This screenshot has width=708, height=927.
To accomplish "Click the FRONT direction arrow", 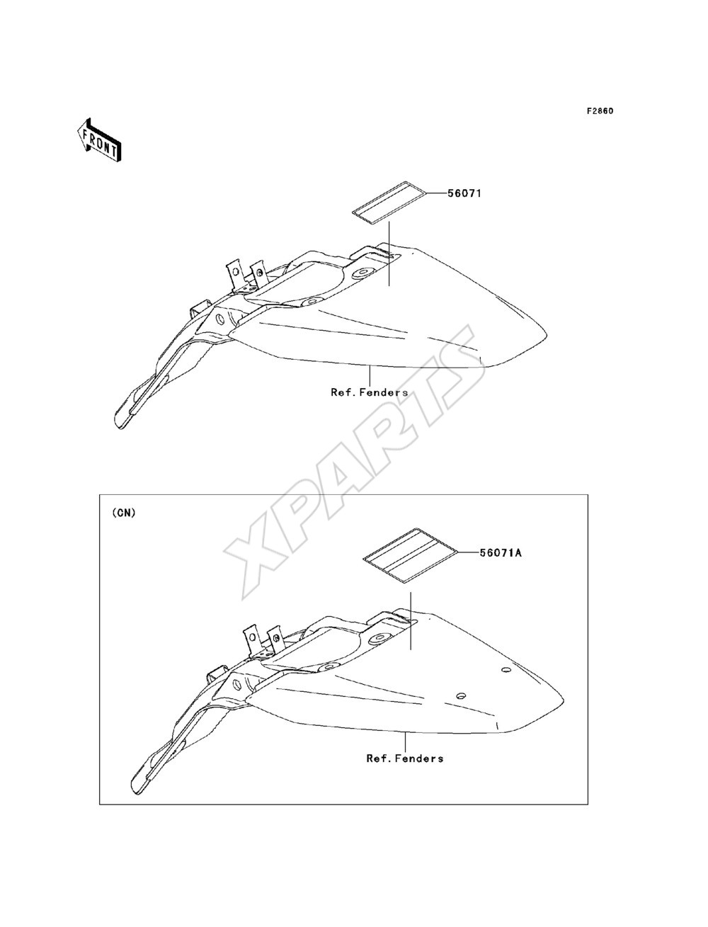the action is click(x=100, y=140).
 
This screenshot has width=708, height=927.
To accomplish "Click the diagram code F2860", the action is click(x=600, y=111).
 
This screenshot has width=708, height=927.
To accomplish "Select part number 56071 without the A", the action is click(x=464, y=193).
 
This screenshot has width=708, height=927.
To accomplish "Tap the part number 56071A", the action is click(x=501, y=552).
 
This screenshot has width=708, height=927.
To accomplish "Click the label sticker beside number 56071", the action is click(x=389, y=202).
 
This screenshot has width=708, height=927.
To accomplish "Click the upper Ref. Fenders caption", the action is click(x=370, y=392).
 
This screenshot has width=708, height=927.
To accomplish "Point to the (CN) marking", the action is click(x=124, y=513).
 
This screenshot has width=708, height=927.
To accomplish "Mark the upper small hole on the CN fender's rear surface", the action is click(x=506, y=670).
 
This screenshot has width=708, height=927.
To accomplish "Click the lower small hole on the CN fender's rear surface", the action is click(x=461, y=695).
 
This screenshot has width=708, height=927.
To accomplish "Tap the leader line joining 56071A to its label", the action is click(x=469, y=552).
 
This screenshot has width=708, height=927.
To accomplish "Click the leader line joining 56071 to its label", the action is click(x=438, y=193).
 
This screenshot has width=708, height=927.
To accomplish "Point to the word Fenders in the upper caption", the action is click(x=384, y=392).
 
